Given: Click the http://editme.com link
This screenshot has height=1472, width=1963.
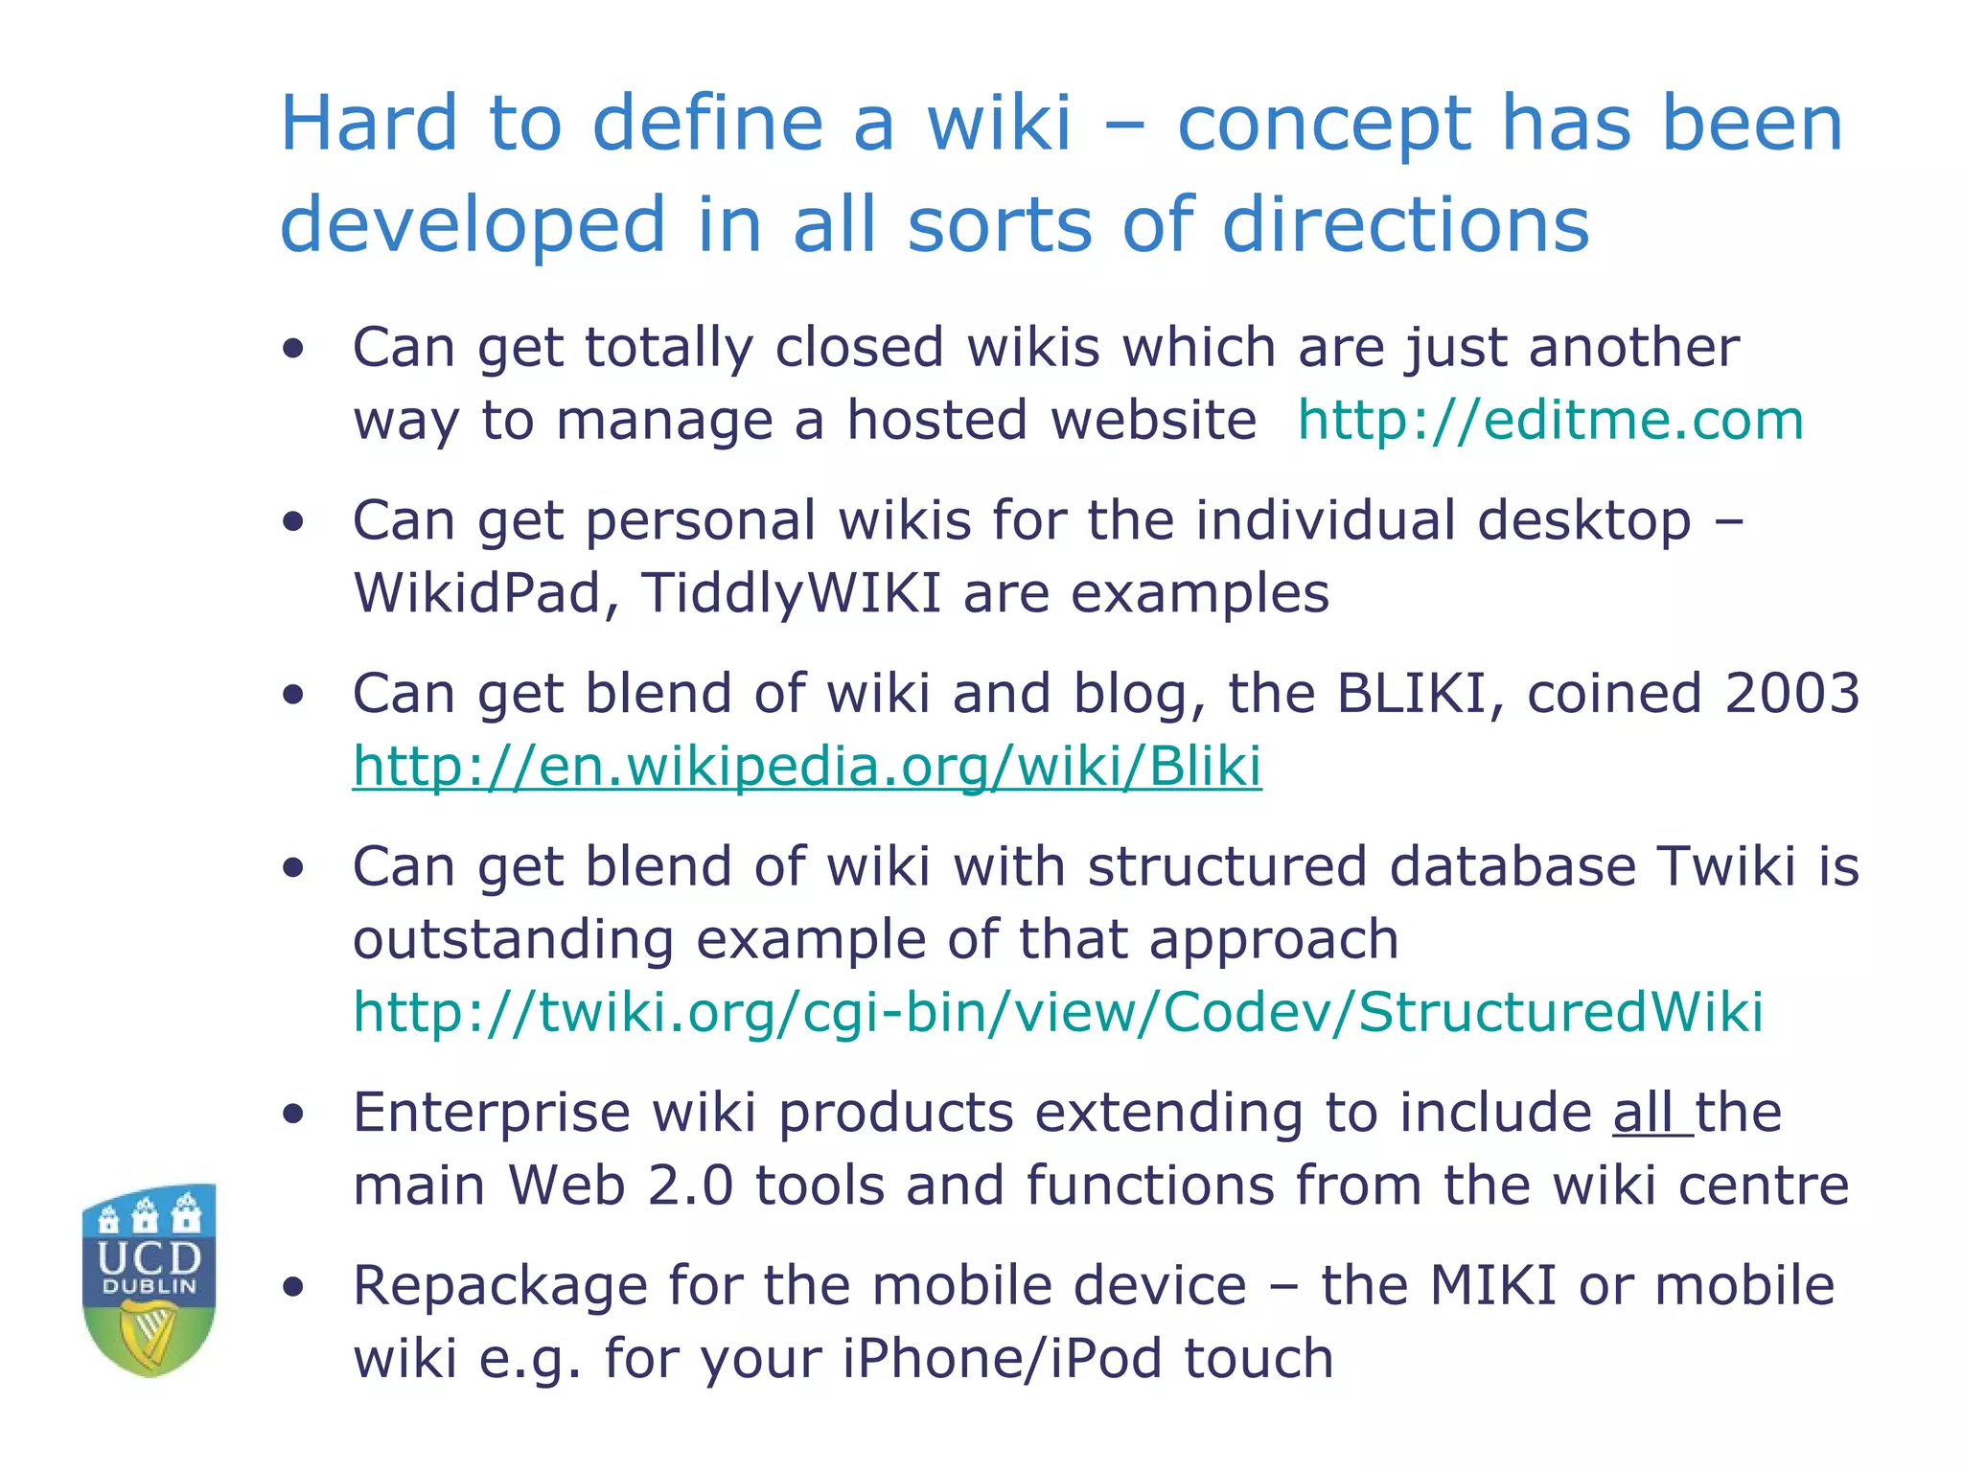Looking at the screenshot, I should (x=1550, y=421).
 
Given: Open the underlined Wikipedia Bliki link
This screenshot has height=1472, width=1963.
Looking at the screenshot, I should (x=807, y=767).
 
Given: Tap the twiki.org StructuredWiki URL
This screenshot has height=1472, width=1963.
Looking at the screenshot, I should (x=1057, y=1012).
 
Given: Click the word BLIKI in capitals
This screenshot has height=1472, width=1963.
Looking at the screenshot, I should (x=1410, y=693).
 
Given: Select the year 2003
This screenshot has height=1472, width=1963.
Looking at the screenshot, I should (x=1791, y=693).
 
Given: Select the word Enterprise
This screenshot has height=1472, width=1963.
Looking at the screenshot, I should (x=491, y=1113).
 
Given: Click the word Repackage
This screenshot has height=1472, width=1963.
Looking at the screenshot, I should (x=499, y=1287).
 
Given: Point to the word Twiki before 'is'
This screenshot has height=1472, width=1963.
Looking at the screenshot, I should (x=1725, y=866).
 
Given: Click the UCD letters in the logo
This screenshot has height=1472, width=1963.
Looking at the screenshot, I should (x=150, y=1256).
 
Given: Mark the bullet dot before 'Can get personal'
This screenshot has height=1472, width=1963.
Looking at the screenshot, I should (x=293, y=522).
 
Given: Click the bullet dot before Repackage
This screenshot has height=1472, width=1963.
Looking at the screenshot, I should (x=293, y=1287).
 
